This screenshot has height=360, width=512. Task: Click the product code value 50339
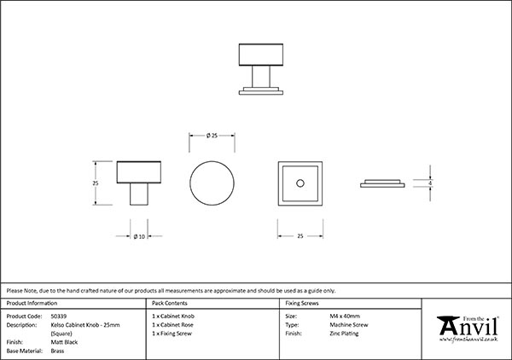click(x=59, y=316)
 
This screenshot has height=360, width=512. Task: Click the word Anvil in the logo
click(x=468, y=328)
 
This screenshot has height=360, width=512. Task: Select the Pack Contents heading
click(x=170, y=303)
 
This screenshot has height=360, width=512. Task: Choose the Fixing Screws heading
click(x=302, y=303)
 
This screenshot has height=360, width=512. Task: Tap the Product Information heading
click(x=32, y=303)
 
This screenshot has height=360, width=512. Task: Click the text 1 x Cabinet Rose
click(x=173, y=324)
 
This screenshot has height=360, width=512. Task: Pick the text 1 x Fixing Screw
click(x=173, y=333)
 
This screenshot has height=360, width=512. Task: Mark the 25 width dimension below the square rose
click(x=300, y=235)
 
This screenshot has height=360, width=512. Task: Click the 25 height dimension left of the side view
click(x=96, y=183)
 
